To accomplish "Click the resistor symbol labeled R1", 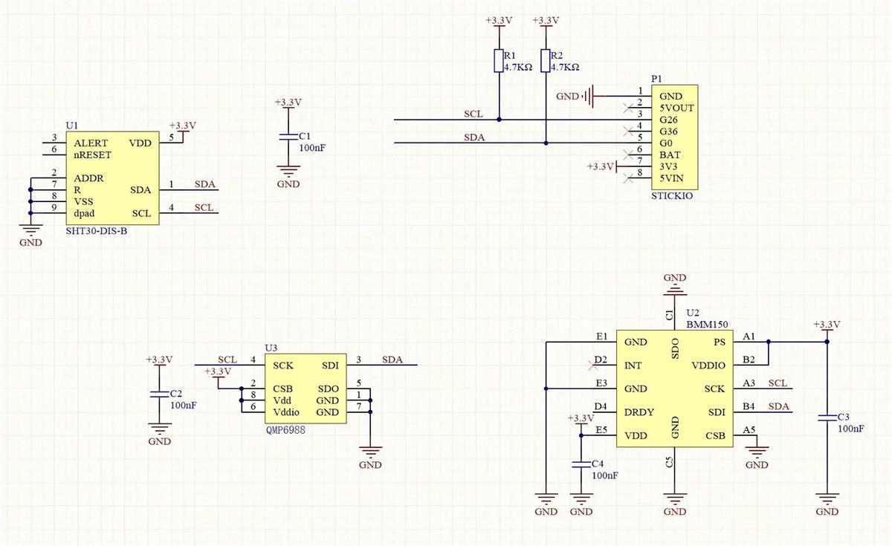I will pyautogui.click(x=499, y=61).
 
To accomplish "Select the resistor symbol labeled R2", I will pyautogui.click(x=546, y=61).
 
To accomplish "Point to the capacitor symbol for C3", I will pyautogui.click(x=827, y=418).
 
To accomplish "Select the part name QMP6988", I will pyautogui.click(x=285, y=429).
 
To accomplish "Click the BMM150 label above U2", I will pyautogui.click(x=706, y=325).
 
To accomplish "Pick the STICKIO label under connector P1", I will pyautogui.click(x=673, y=197).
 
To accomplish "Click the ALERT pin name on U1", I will pyautogui.click(x=91, y=143).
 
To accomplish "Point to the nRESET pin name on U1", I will pyautogui.click(x=92, y=155).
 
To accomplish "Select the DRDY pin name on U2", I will pyautogui.click(x=639, y=412).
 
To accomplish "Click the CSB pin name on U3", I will pyautogui.click(x=282, y=389).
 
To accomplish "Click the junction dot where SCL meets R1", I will pyautogui.click(x=499, y=120).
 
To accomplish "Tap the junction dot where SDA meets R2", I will pyautogui.click(x=546, y=143).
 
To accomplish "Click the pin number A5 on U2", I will pyautogui.click(x=749, y=429).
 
